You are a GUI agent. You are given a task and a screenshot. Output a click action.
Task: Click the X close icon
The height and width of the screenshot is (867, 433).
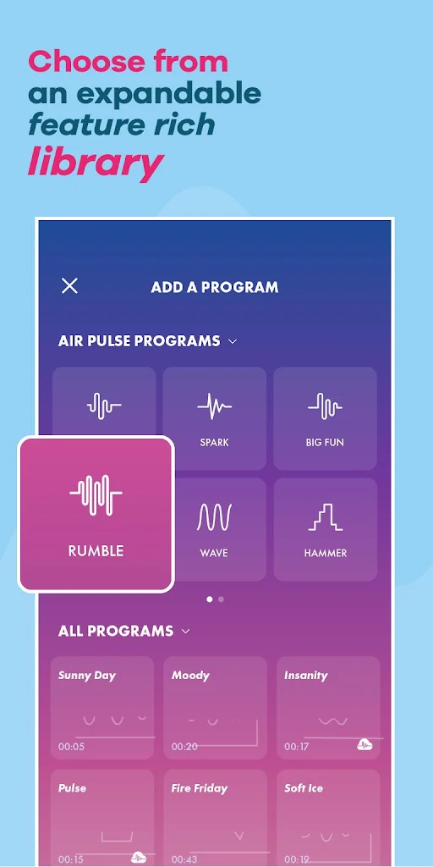[x=69, y=286]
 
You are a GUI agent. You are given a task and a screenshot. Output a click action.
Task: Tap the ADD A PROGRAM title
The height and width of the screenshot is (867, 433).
[x=214, y=288]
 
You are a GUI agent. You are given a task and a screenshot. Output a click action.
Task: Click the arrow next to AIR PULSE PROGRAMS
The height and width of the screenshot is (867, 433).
[x=233, y=342]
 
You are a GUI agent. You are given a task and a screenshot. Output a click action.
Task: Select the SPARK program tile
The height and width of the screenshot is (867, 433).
[x=214, y=418]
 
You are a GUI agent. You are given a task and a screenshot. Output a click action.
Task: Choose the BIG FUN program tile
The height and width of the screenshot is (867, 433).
[x=326, y=418]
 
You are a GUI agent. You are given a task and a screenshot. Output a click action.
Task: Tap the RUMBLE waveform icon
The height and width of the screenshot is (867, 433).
[x=96, y=494]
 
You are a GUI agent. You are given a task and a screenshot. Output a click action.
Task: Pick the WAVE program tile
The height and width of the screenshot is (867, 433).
[x=214, y=529]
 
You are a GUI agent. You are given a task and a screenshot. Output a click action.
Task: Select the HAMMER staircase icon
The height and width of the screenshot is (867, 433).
[x=326, y=517]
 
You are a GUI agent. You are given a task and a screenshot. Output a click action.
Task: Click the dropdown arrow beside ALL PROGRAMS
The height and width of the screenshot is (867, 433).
[x=186, y=631]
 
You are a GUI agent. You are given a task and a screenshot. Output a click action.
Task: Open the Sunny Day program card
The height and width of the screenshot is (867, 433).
[x=102, y=708]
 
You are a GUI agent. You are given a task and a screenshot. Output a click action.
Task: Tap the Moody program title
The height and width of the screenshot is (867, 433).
[x=190, y=675]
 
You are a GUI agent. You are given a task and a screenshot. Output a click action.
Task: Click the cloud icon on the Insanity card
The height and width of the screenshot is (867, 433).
[x=364, y=744]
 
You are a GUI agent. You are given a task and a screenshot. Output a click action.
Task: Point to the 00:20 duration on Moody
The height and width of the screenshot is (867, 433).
[x=184, y=747]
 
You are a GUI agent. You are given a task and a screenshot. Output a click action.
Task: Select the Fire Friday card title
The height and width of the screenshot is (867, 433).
[x=200, y=788]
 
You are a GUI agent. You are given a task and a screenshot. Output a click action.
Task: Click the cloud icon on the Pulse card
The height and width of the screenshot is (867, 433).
[x=139, y=858]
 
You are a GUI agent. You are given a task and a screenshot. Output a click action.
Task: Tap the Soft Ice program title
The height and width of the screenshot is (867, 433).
[x=304, y=788]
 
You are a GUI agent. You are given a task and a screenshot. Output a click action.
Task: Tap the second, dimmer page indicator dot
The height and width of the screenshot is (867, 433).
[x=221, y=599]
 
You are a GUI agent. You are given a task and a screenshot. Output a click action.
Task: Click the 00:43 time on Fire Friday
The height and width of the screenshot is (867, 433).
[x=184, y=860]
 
